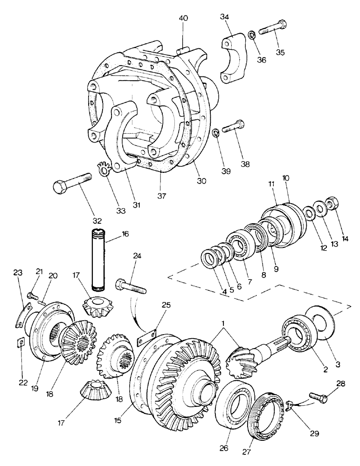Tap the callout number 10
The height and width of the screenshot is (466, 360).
click(x=285, y=178)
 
